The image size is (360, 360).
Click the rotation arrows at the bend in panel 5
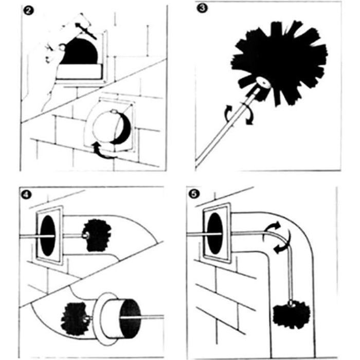tap(278, 237)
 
